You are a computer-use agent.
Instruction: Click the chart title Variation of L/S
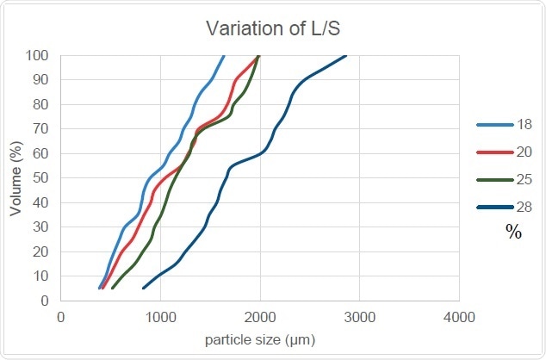click(273, 28)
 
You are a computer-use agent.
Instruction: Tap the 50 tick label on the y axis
click(41, 178)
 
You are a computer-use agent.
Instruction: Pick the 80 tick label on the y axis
click(41, 105)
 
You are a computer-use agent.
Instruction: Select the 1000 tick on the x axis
click(160, 316)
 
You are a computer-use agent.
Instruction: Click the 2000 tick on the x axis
click(260, 316)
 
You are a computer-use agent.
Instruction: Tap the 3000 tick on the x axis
click(359, 316)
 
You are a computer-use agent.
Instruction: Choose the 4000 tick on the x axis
click(459, 316)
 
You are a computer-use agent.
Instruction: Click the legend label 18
click(524, 125)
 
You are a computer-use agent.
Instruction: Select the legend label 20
click(524, 152)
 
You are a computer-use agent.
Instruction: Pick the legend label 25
click(524, 179)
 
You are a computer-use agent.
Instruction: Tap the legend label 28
click(524, 207)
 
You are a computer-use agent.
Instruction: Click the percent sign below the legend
click(514, 232)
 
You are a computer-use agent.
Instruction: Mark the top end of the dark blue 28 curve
click(345, 56)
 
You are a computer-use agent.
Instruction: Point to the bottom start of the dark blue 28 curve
click(144, 288)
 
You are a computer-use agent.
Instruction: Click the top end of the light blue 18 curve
click(224, 56)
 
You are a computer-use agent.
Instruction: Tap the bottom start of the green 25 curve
click(113, 288)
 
